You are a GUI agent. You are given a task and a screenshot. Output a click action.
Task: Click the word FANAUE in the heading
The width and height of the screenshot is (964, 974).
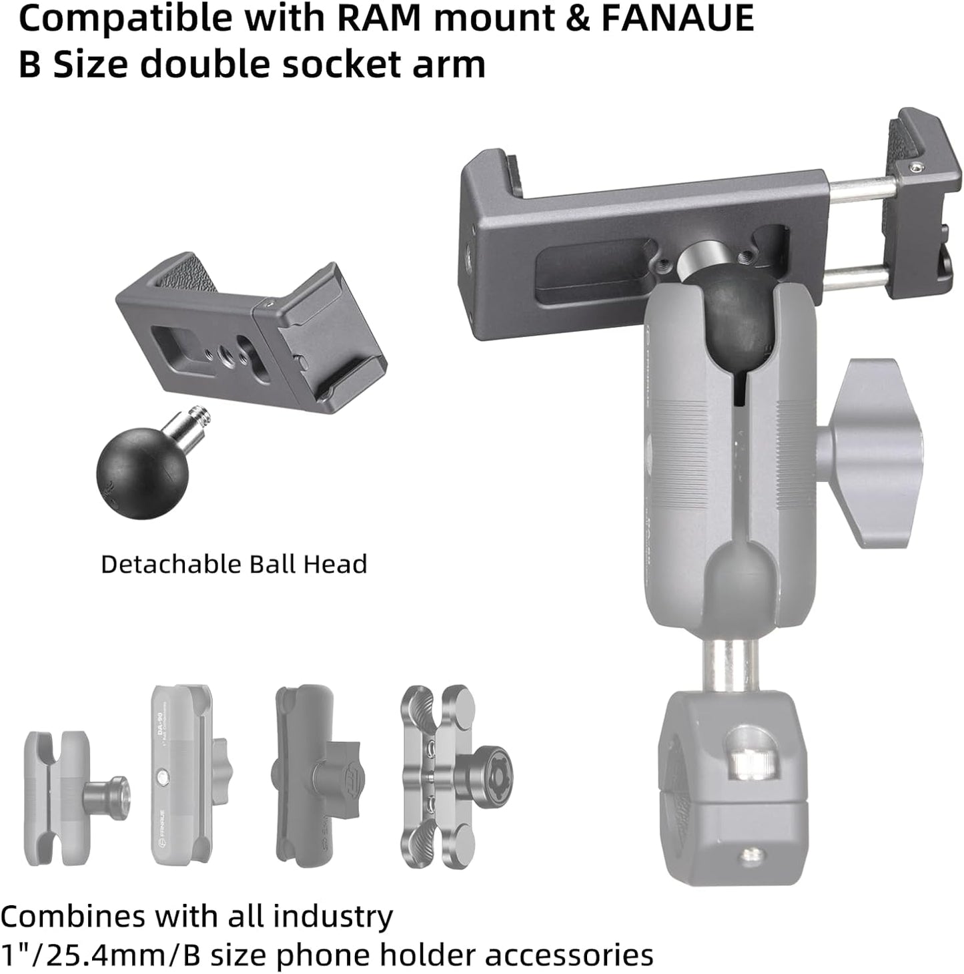pos(677,18)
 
